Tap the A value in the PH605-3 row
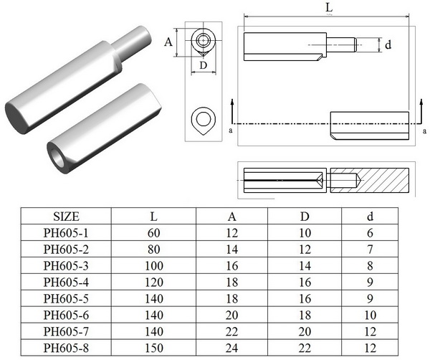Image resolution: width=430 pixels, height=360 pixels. [x=231, y=265]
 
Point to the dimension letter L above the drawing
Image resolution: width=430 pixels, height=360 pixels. [x=328, y=6]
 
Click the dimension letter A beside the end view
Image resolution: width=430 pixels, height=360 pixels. [x=169, y=42]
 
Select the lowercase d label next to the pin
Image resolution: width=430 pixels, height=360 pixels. [x=388, y=44]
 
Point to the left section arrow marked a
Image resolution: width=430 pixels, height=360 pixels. [x=231, y=115]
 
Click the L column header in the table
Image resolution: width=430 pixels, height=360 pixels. [x=154, y=216]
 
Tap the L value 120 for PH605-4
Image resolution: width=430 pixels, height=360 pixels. [x=154, y=282]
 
